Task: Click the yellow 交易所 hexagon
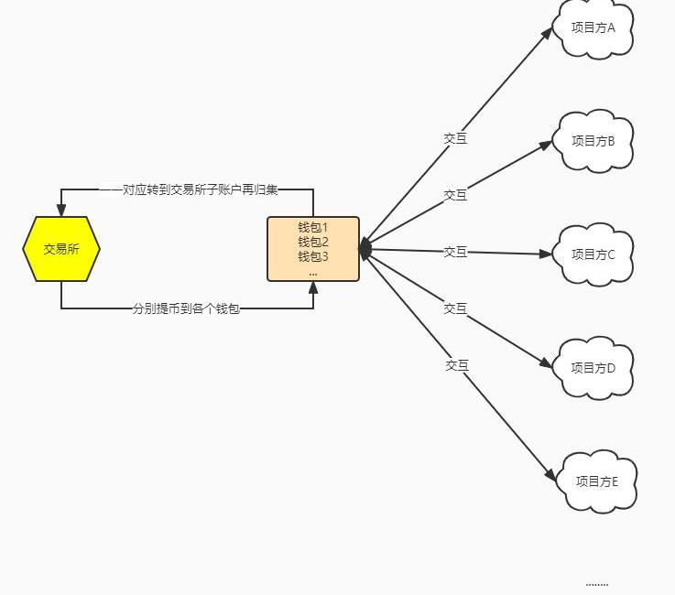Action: pyautogui.click(x=61, y=248)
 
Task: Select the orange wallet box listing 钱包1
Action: pyautogui.click(x=313, y=249)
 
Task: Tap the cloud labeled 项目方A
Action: pyautogui.click(x=594, y=28)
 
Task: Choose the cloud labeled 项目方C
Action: pyautogui.click(x=595, y=254)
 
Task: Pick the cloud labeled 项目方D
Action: pyautogui.click(x=595, y=368)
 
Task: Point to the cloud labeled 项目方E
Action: pyautogui.click(x=597, y=481)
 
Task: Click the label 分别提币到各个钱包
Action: pyautogui.click(x=186, y=309)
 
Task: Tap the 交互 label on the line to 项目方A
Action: pyautogui.click(x=455, y=138)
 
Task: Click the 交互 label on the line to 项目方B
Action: pyautogui.click(x=455, y=195)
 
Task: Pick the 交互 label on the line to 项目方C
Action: pyautogui.click(x=455, y=252)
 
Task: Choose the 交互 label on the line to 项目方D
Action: pyautogui.click(x=455, y=308)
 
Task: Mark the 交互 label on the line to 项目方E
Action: pyautogui.click(x=457, y=365)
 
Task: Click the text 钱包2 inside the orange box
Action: pyautogui.click(x=313, y=243)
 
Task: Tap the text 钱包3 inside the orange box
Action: pyautogui.click(x=313, y=256)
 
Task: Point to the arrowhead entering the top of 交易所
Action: pyautogui.click(x=61, y=211)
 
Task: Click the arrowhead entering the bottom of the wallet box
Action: pyautogui.click(x=313, y=287)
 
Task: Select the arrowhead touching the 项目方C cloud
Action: pyautogui.click(x=548, y=254)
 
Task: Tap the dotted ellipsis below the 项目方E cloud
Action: pyautogui.click(x=596, y=583)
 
